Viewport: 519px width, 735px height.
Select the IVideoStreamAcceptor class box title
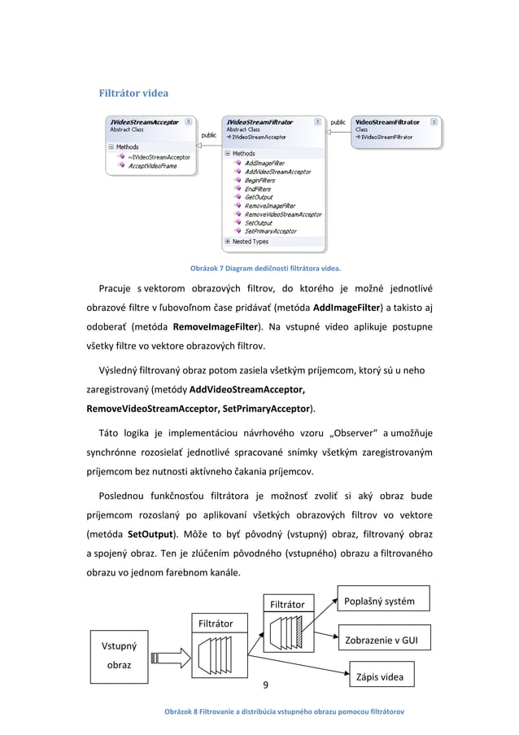tap(145, 122)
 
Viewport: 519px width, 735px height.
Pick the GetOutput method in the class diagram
tap(259, 197)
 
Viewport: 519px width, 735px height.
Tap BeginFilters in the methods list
tap(260, 180)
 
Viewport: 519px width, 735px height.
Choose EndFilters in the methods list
tap(258, 189)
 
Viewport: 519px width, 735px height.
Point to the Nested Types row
tap(251, 242)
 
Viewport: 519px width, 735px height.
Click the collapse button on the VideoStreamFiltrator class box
tap(434, 122)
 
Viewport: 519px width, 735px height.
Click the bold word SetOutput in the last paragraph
tap(150, 536)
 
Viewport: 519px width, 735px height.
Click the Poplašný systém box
tap(379, 602)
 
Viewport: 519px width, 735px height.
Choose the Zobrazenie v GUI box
tap(382, 640)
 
